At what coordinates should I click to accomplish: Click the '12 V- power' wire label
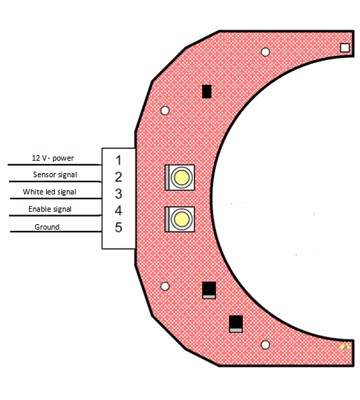click(x=53, y=158)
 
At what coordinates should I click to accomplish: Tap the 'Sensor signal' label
click(x=55, y=174)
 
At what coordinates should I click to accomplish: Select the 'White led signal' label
click(x=50, y=192)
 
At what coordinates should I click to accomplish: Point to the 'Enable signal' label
click(x=50, y=209)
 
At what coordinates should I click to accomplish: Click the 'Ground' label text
click(x=47, y=227)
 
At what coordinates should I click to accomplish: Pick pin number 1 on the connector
click(x=119, y=160)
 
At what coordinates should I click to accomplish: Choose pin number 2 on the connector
click(x=119, y=177)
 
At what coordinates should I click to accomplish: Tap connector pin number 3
click(x=119, y=194)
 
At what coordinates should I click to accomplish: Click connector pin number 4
click(x=119, y=211)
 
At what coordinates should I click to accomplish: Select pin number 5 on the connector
click(x=119, y=228)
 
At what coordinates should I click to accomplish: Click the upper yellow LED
click(x=181, y=177)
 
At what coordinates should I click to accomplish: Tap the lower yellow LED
click(x=181, y=219)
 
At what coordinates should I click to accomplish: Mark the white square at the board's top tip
click(x=345, y=48)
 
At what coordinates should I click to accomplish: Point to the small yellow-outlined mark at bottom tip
click(x=345, y=347)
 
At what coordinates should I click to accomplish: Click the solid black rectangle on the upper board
click(x=207, y=91)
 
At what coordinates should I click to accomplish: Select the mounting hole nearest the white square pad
click(x=266, y=52)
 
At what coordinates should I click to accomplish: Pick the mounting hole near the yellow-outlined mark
click(x=266, y=345)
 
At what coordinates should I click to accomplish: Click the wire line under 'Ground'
click(x=56, y=232)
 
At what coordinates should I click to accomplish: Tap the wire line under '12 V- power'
click(x=54, y=165)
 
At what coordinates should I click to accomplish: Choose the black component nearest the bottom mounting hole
click(x=236, y=324)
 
